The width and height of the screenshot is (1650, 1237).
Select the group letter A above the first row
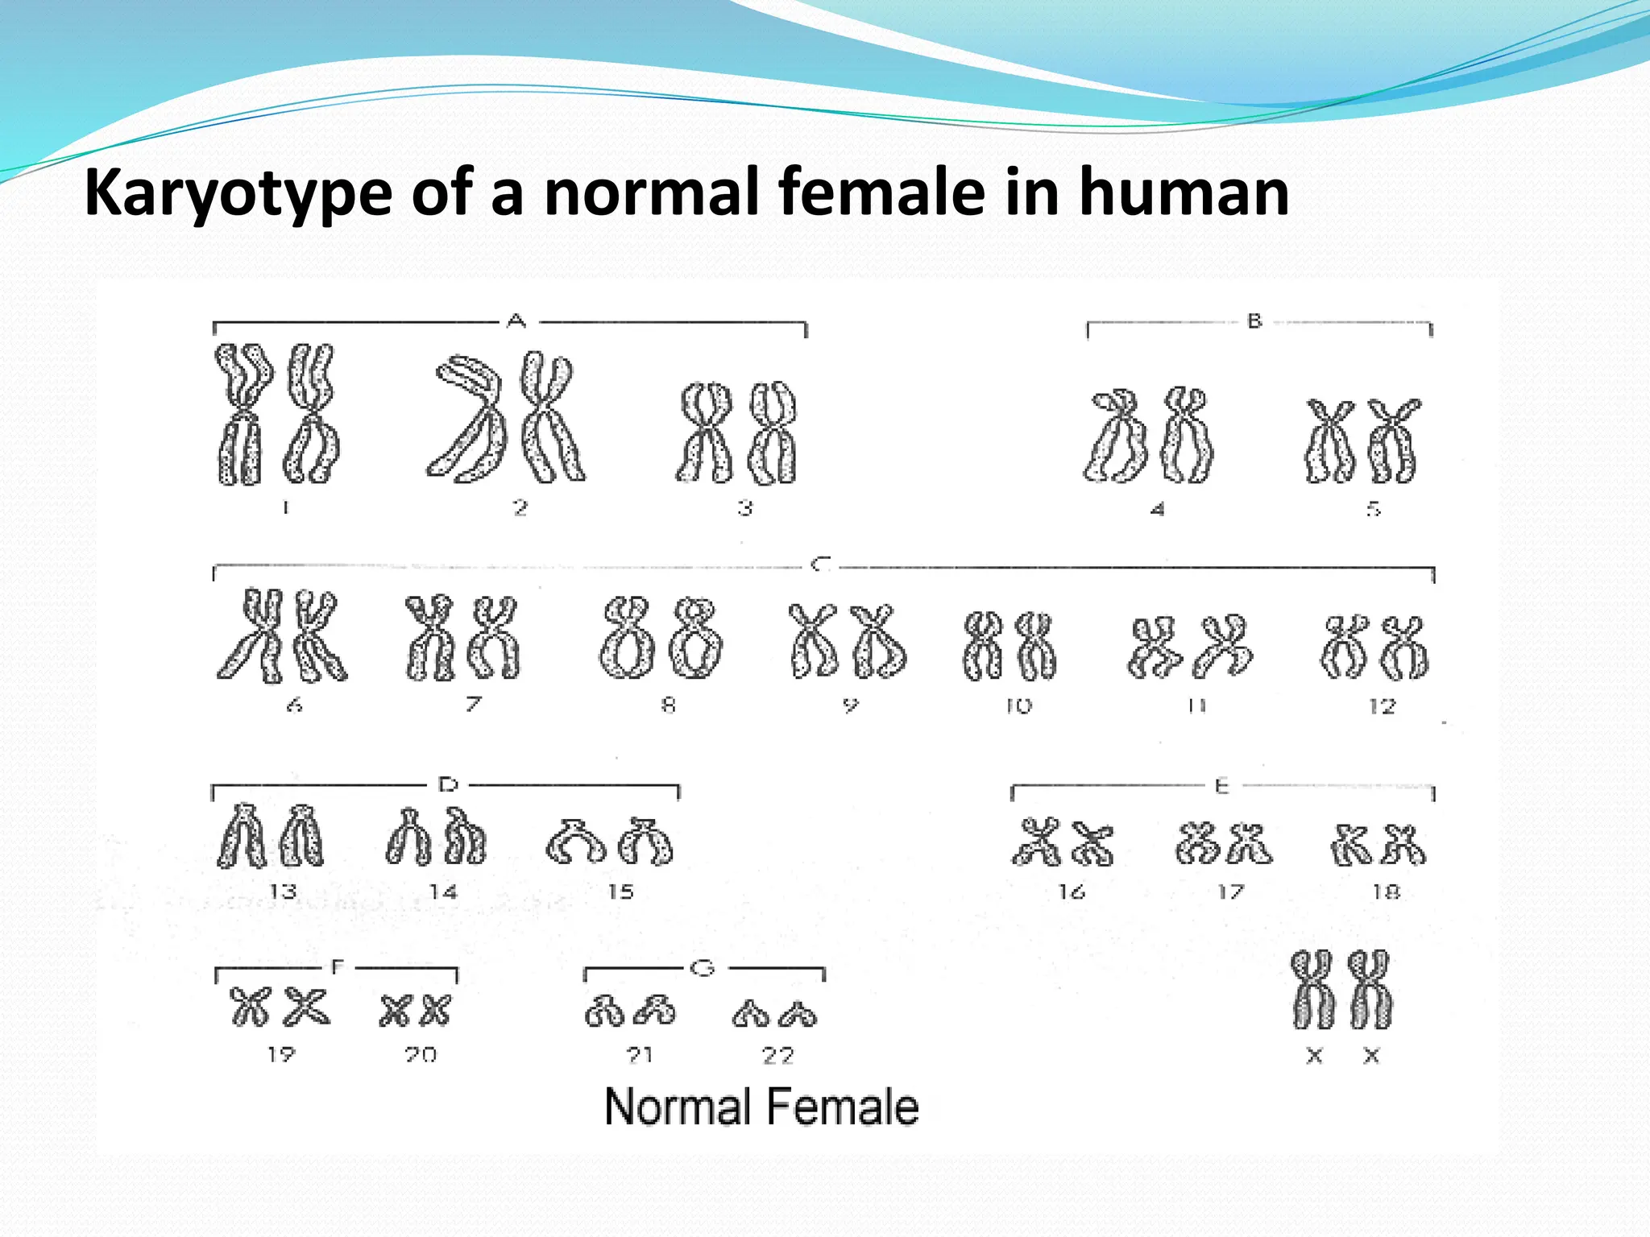(517, 321)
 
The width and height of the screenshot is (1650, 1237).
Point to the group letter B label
(1254, 321)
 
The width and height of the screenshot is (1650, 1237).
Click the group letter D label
(448, 784)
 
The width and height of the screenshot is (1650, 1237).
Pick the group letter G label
(703, 968)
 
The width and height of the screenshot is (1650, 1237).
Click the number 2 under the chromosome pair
(520, 508)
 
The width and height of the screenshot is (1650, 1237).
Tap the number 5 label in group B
(1374, 509)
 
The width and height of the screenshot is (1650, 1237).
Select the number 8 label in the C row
(668, 705)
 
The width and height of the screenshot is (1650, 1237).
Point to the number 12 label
(1382, 706)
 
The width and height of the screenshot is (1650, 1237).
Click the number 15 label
(620, 892)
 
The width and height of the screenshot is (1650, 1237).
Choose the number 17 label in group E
(1230, 892)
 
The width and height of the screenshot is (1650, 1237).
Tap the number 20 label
(421, 1054)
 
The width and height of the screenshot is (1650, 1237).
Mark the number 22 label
(778, 1055)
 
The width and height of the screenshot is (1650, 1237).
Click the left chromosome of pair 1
(241, 415)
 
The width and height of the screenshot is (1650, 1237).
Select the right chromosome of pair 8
(697, 638)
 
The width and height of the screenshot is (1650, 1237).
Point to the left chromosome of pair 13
(242, 838)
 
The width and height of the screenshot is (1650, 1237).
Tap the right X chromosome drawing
(1370, 989)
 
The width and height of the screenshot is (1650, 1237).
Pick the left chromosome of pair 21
(605, 1012)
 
